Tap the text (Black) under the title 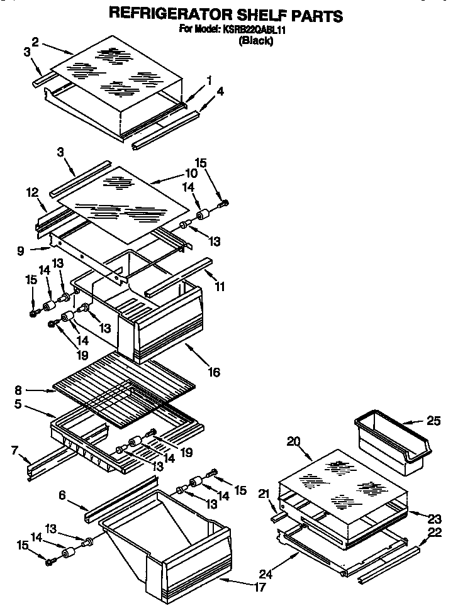coord(255,41)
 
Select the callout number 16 coord(214,372)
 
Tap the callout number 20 coord(293,441)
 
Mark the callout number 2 coord(35,41)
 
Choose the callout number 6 coord(62,496)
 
